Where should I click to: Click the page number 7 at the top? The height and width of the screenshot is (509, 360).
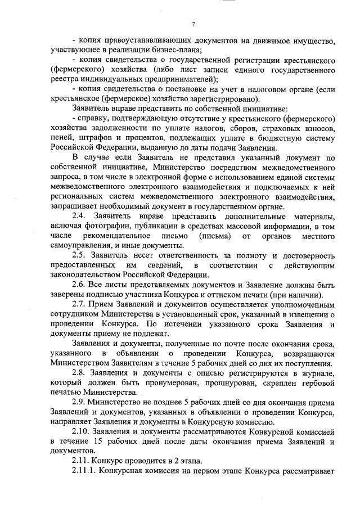click(193, 24)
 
